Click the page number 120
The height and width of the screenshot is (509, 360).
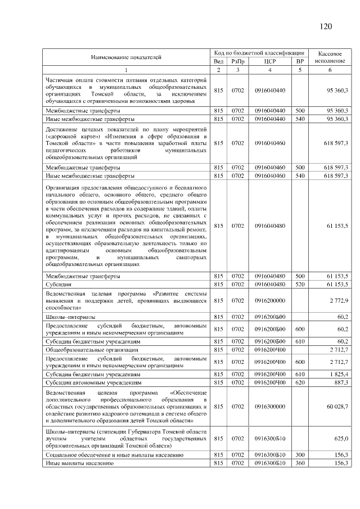pyautogui.click(x=326, y=26)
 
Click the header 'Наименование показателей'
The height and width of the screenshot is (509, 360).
pyautogui.click(x=126, y=57)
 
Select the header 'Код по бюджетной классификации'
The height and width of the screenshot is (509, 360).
pyautogui.click(x=259, y=52)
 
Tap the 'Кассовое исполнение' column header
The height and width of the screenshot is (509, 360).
pyautogui.click(x=330, y=56)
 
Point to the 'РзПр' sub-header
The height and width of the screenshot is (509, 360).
pyautogui.click(x=238, y=61)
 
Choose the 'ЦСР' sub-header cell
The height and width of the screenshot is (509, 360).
pyautogui.click(x=269, y=61)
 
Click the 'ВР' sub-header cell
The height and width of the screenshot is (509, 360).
pyautogui.click(x=300, y=61)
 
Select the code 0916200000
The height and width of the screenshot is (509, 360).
pyautogui.click(x=269, y=301)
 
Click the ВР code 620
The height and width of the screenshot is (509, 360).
pyautogui.click(x=300, y=382)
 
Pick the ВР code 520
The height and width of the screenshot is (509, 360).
pyautogui.click(x=300, y=285)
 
